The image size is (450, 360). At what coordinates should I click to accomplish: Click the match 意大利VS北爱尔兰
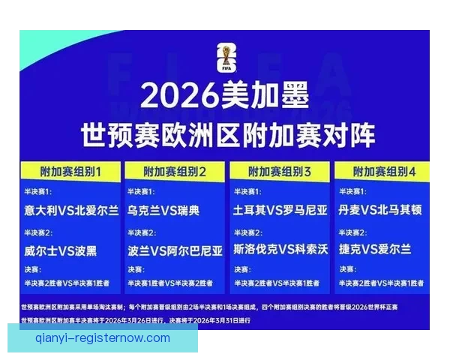tap(71, 211)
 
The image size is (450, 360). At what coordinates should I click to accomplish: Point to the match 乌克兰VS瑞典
tap(164, 211)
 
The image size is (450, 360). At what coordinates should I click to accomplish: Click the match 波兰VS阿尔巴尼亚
tap(175, 249)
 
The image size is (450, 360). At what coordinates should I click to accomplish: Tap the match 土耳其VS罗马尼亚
tap(280, 211)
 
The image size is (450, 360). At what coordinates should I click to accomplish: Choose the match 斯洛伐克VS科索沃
tap(280, 249)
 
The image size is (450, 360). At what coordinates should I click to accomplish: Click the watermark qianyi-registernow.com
tap(103, 338)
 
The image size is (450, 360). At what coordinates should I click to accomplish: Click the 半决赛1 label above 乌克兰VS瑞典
tap(140, 193)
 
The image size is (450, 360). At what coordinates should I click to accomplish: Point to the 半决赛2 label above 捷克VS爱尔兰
tap(352, 232)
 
